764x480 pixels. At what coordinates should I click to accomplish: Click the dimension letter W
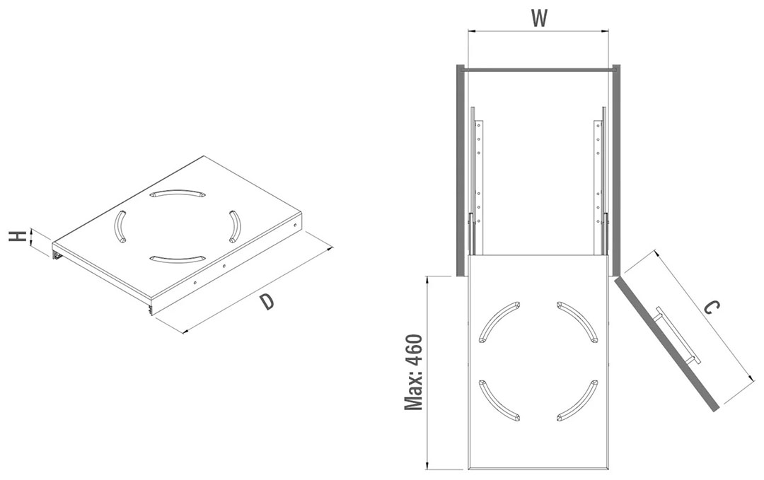pyautogui.click(x=539, y=18)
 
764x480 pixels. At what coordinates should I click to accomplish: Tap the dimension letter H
pyautogui.click(x=18, y=237)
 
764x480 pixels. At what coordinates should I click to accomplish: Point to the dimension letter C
pyautogui.click(x=712, y=308)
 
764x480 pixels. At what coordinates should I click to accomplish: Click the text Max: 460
pyautogui.click(x=414, y=373)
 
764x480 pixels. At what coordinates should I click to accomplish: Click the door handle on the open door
pyautogui.click(x=678, y=335)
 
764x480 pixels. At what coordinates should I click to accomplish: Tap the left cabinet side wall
pyautogui.click(x=460, y=170)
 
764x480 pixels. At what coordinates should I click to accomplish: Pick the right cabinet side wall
pyautogui.click(x=616, y=170)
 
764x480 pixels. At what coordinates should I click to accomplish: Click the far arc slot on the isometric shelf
pyautogui.click(x=177, y=192)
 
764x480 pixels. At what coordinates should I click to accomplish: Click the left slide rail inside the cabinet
pyautogui.click(x=475, y=180)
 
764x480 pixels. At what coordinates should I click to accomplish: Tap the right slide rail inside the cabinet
pyautogui.click(x=601, y=180)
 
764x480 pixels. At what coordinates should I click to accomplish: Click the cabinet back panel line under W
pyautogui.click(x=538, y=70)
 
